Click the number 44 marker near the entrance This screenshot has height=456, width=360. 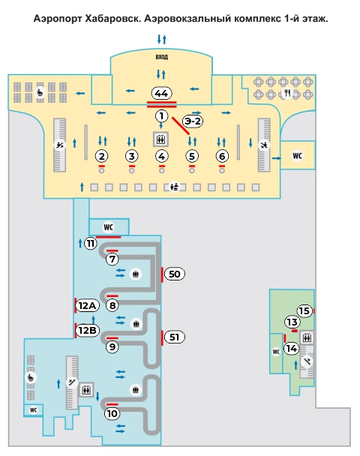tap(161, 93)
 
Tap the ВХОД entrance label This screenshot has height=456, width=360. tap(162, 57)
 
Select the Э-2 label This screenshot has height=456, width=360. tap(193, 121)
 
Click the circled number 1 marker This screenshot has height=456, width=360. tap(161, 116)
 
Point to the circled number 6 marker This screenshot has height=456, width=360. tap(222, 156)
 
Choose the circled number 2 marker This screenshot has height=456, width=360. tap(101, 156)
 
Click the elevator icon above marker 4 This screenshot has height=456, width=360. tap(160, 139)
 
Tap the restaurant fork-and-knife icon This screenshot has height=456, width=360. tap(287, 93)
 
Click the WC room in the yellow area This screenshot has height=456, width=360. tap(297, 155)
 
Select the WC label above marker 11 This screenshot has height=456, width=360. tap(109, 227)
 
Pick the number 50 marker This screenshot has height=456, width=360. tap(175, 274)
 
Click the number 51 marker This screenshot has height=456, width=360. tap(175, 337)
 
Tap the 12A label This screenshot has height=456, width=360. tap(87, 306)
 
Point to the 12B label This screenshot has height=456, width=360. tap(87, 330)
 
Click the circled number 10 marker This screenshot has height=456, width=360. tap(112, 413)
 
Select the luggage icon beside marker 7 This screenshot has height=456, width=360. tap(136, 274)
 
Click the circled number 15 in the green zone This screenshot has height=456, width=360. tap(304, 311)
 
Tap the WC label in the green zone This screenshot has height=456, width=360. tap(276, 352)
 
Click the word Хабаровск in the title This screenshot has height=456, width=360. tap(113, 19)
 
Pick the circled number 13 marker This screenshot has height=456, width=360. tap(292, 322)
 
